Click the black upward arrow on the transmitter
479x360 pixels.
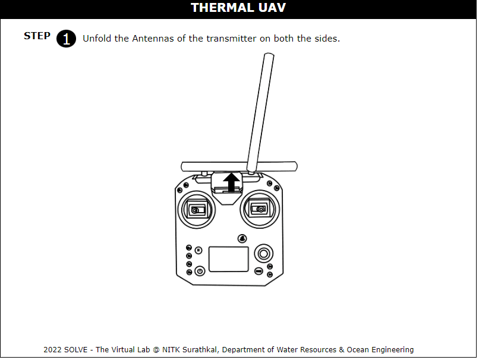(x=231, y=182)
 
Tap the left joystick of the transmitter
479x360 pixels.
(x=197, y=210)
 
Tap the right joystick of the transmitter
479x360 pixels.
(x=260, y=209)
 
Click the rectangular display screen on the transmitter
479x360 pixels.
(x=228, y=259)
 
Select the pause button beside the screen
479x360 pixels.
(x=198, y=250)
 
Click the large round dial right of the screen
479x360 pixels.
(x=264, y=254)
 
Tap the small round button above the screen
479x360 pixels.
(x=242, y=238)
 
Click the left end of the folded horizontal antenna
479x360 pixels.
(x=182, y=167)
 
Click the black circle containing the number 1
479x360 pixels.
(x=66, y=39)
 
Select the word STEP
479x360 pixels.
(x=37, y=36)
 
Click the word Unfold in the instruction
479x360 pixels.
(x=97, y=39)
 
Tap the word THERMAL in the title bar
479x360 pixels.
(x=222, y=8)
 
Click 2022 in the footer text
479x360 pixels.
(x=52, y=350)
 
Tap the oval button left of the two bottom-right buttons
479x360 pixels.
(x=259, y=271)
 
